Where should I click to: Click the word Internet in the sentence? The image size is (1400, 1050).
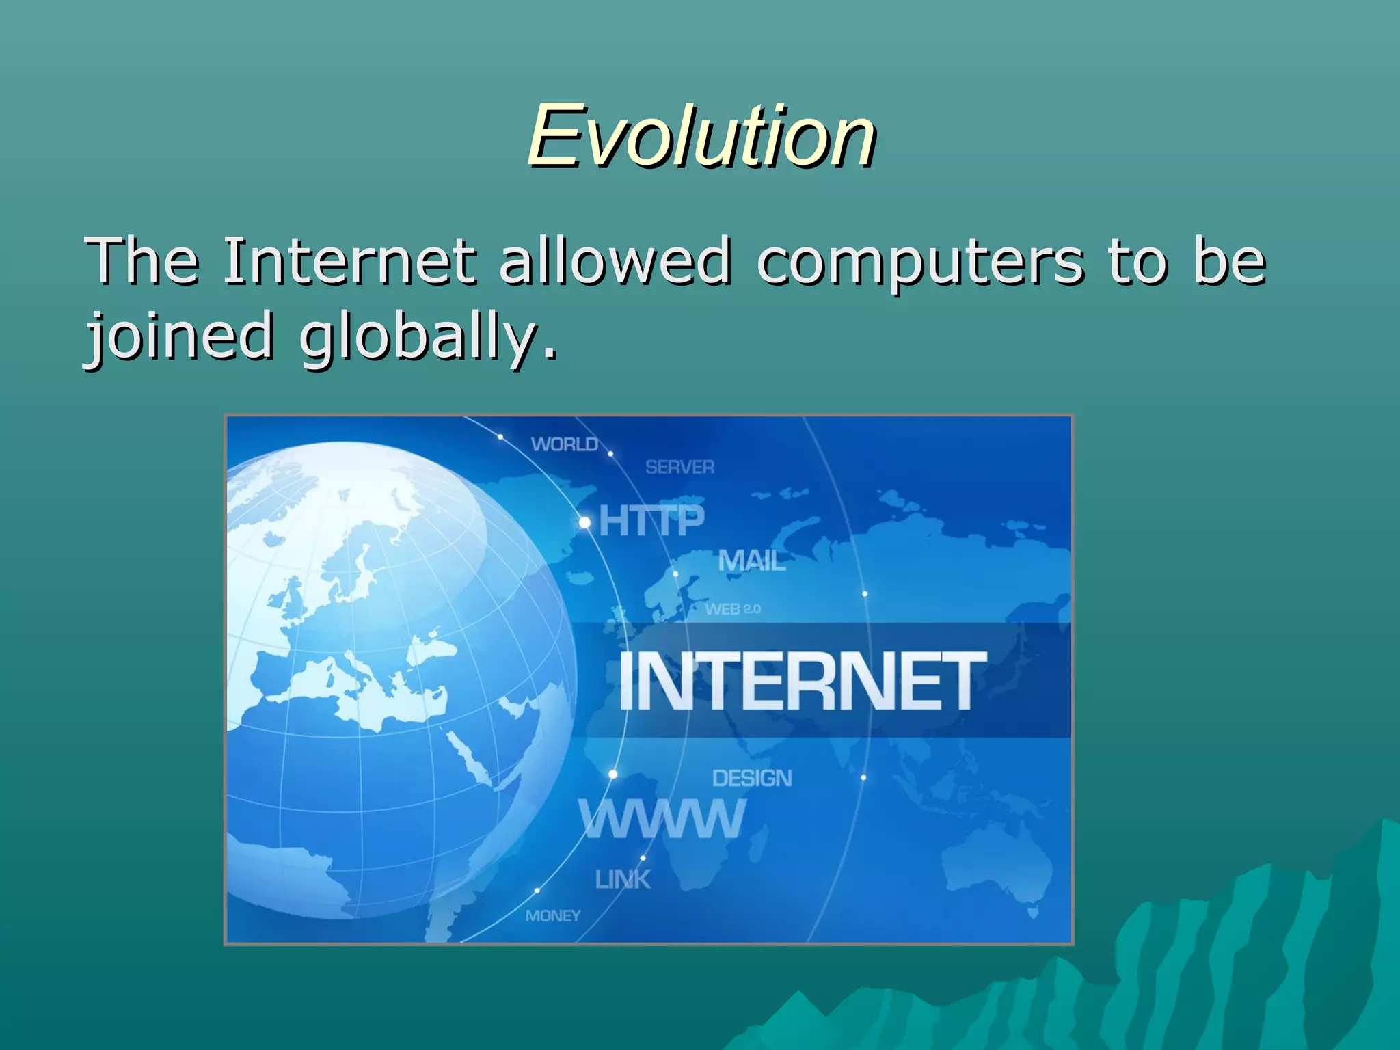click(x=349, y=260)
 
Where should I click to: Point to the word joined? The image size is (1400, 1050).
click(x=179, y=336)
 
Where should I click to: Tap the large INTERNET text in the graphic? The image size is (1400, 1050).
click(x=803, y=681)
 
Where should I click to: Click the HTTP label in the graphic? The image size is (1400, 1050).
click(x=651, y=522)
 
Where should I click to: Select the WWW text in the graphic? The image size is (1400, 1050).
click(x=662, y=819)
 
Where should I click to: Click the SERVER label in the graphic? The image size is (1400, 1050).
click(x=680, y=468)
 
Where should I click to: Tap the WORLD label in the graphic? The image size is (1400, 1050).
click(x=565, y=445)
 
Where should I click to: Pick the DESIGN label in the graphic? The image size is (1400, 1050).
click(x=752, y=779)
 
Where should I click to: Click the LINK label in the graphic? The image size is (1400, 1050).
click(x=623, y=880)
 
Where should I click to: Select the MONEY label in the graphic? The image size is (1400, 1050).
click(x=553, y=916)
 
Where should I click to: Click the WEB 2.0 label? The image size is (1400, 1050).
click(x=733, y=609)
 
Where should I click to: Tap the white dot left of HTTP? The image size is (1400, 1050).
click(x=584, y=523)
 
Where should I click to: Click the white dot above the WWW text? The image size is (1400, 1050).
click(x=613, y=775)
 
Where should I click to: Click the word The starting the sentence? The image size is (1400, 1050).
click(x=142, y=260)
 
